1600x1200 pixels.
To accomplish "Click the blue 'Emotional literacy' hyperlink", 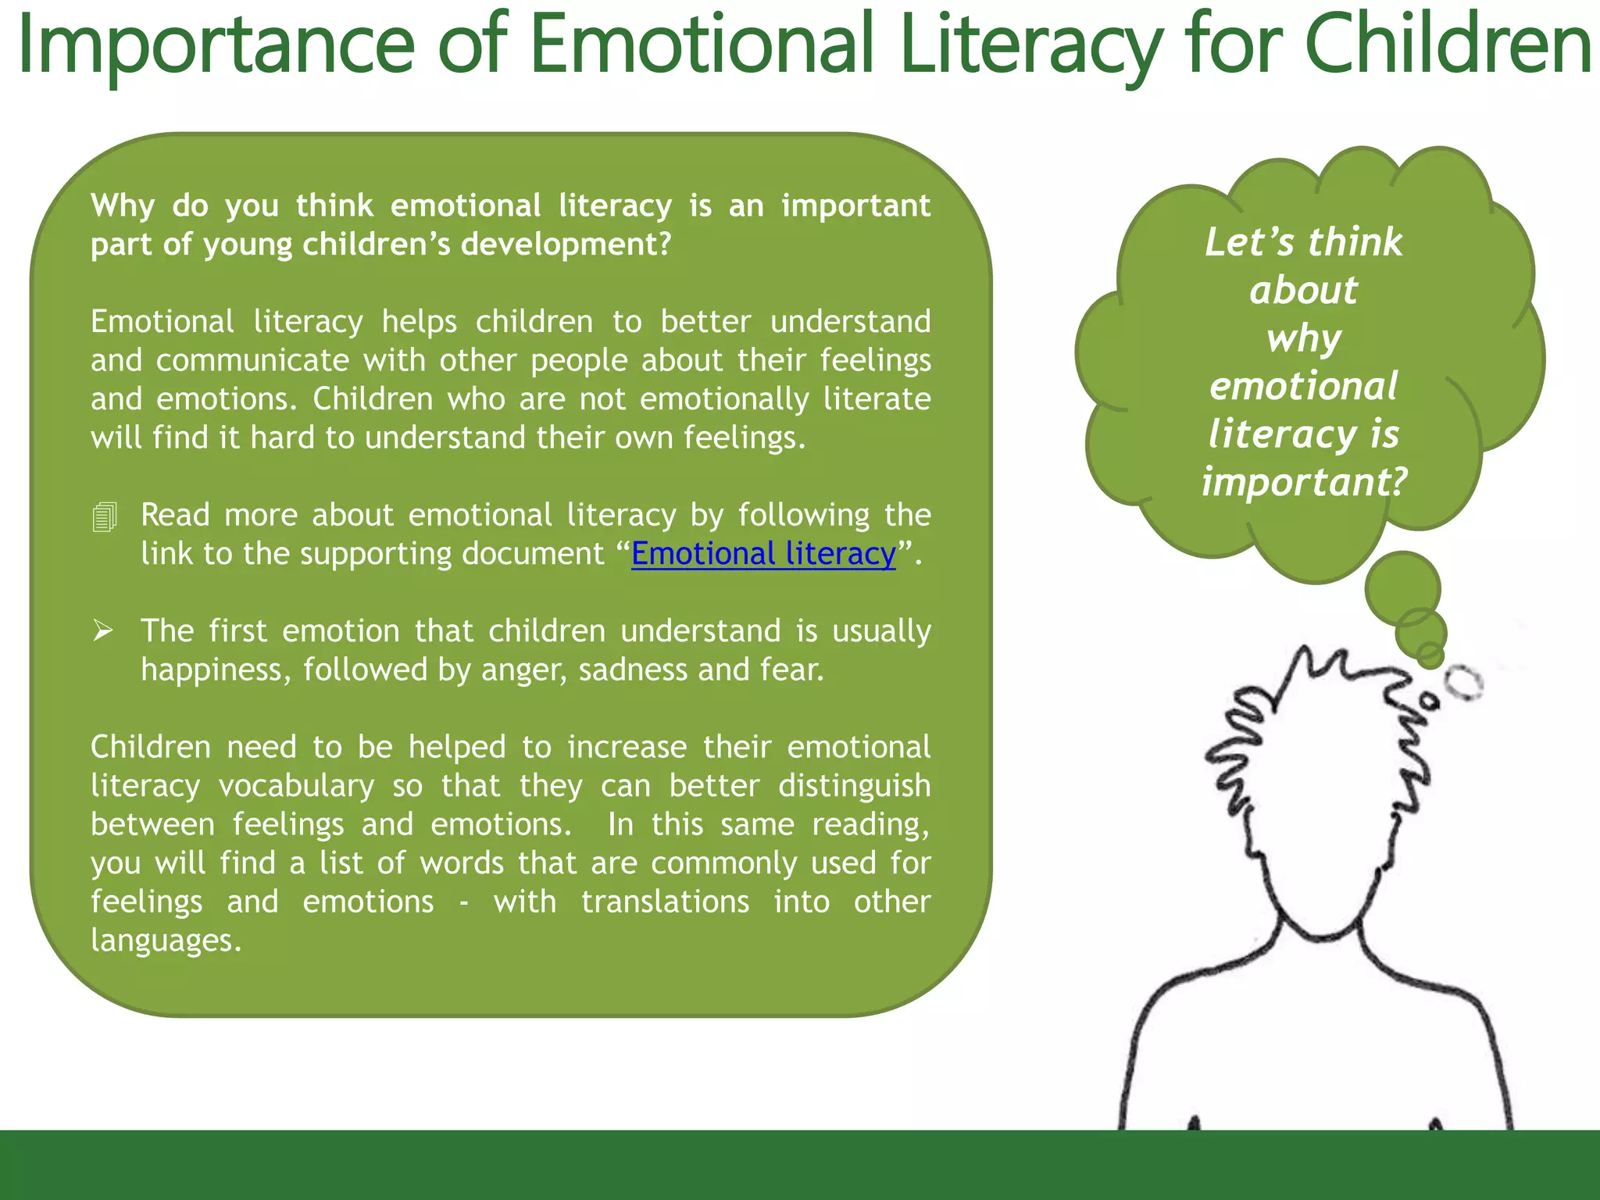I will [763, 554].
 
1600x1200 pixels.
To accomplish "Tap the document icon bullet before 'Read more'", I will [105, 517].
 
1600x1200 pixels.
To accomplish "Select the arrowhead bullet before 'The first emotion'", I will [103, 630].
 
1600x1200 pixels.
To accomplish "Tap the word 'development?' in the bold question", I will [566, 245].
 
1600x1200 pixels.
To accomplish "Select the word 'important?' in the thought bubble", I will [1304, 482].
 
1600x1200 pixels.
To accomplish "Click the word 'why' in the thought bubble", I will [1303, 339].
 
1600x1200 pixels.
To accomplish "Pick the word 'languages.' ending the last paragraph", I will [166, 940].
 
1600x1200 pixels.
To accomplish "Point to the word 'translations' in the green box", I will [665, 902].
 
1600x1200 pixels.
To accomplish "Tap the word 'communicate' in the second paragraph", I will [252, 361].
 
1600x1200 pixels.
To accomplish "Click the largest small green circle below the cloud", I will [1402, 589].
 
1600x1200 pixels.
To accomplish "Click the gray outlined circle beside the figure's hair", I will [1463, 683].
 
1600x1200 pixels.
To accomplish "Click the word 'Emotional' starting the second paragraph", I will [162, 322].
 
